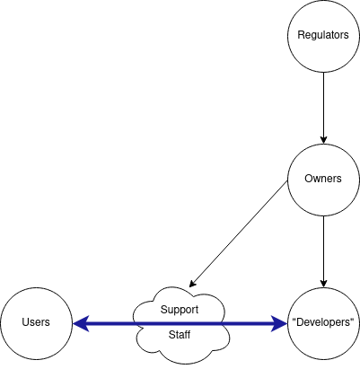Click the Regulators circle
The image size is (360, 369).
(323, 36)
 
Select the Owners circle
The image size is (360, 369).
(323, 179)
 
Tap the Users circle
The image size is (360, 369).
(36, 322)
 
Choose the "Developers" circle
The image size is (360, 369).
(323, 322)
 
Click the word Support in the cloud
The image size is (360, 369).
(179, 310)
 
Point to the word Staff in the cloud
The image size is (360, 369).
(179, 336)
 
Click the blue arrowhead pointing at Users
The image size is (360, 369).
(80, 322)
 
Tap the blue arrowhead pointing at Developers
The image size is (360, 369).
(279, 322)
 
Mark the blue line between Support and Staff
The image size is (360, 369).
(180, 322)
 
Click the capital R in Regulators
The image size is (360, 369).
(301, 36)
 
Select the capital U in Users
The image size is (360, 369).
(25, 322)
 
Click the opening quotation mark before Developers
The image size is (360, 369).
(294, 321)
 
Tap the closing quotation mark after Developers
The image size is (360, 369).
(353, 321)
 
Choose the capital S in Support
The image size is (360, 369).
(163, 310)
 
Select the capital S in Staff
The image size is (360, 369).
(171, 336)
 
